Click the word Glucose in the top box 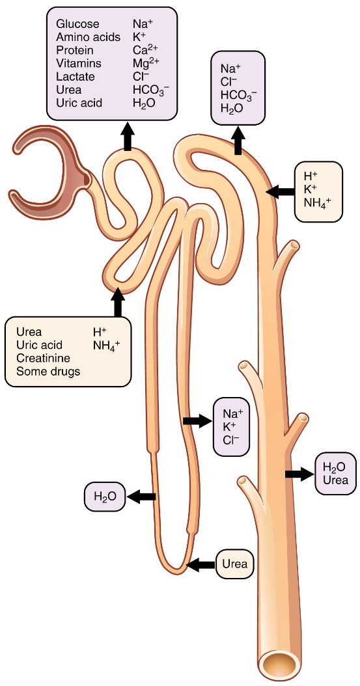[77, 24]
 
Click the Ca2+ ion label [145, 50]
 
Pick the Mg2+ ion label [145, 63]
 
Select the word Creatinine [43, 358]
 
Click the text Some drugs [48, 371]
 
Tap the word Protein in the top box [75, 50]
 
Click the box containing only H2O [104, 497]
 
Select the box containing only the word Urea [234, 564]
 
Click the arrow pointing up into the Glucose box [128, 138]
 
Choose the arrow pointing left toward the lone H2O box [141, 497]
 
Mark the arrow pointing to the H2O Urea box [298, 474]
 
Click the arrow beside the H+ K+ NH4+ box [281, 191]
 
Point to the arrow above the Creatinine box [118, 302]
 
